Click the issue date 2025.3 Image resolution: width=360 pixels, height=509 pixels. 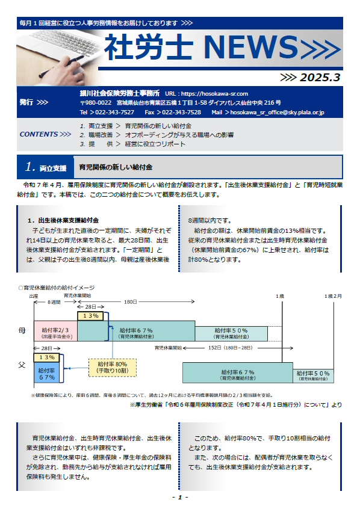[320, 77]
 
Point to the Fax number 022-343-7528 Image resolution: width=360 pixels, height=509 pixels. [181, 113]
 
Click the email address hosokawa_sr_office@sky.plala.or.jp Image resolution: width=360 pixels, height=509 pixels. [277, 113]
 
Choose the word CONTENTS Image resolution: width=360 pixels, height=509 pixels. [39, 134]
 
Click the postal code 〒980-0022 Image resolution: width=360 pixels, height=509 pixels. [96, 103]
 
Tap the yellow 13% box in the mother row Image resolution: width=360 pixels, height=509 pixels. [91, 316]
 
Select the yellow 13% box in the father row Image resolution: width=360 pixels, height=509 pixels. [47, 357]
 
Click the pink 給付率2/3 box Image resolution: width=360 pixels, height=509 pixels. [55, 331]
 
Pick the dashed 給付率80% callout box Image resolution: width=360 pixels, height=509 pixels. [113, 368]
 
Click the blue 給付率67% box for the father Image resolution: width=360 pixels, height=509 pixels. [47, 374]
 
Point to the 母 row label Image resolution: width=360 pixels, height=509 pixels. [22, 331]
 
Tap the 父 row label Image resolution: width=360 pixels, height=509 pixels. [22, 365]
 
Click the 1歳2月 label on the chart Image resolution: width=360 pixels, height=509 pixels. [333, 296]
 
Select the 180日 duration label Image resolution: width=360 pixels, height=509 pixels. [130, 302]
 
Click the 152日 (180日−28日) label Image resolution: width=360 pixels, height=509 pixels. [231, 348]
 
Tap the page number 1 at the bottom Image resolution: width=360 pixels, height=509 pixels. [180, 497]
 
